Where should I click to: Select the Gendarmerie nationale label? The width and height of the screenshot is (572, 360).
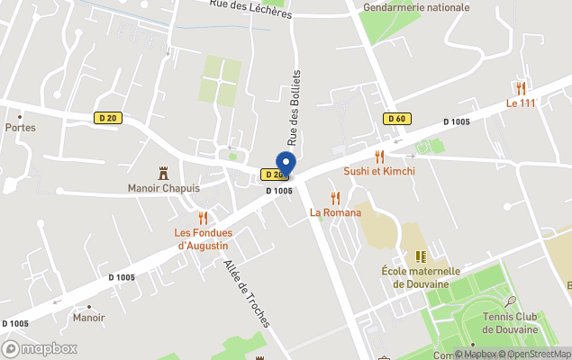[415, 7]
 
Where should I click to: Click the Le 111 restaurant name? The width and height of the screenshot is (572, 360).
[521, 103]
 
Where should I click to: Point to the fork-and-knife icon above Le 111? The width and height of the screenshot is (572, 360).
[521, 87]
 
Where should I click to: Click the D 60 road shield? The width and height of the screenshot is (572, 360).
[396, 118]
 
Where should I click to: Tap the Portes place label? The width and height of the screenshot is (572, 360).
[20, 127]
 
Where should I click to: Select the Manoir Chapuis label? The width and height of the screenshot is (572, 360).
[163, 188]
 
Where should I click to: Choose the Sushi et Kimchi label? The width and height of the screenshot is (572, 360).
[379, 171]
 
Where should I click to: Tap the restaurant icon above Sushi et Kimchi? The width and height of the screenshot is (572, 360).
[379, 156]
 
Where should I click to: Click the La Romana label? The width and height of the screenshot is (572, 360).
[335, 212]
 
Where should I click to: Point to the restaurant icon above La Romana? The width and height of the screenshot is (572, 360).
[335, 197]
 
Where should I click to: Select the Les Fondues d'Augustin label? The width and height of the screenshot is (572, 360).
[203, 238]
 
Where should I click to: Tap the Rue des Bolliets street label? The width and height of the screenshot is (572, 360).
[294, 107]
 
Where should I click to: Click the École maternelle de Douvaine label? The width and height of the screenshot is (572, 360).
[421, 276]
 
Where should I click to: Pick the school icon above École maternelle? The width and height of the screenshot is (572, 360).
[421, 256]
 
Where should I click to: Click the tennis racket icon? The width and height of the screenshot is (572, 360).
[511, 302]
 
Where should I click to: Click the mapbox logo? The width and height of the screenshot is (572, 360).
[40, 348]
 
